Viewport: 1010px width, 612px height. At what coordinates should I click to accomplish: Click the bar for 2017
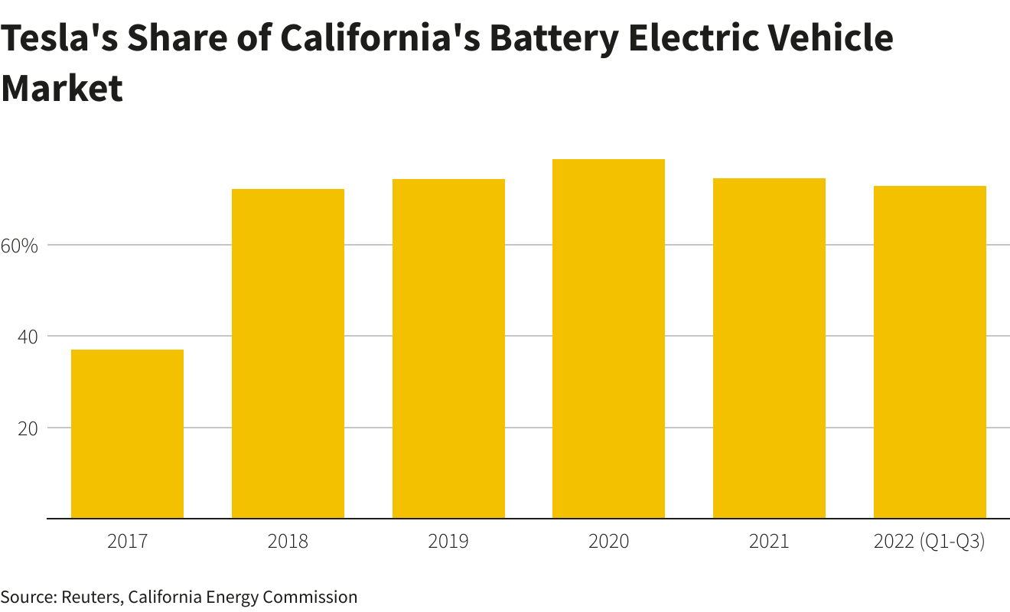pyautogui.click(x=127, y=434)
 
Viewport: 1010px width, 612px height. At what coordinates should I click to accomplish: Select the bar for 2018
pyautogui.click(x=288, y=353)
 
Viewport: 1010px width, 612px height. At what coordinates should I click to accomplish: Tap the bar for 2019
pyautogui.click(x=448, y=349)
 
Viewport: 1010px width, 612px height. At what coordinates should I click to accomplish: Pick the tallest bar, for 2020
pyautogui.click(x=608, y=339)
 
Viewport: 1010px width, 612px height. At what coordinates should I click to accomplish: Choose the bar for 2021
pyautogui.click(x=769, y=348)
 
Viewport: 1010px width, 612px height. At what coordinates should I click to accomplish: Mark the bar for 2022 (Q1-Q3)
pyautogui.click(x=930, y=352)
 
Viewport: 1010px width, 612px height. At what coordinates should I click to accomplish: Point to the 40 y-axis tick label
pyautogui.click(x=28, y=337)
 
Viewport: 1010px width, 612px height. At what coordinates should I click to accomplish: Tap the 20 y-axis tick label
pyautogui.click(x=28, y=428)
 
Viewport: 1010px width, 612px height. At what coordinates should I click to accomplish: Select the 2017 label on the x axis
pyautogui.click(x=127, y=542)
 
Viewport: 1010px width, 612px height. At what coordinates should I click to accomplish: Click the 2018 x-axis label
pyautogui.click(x=288, y=542)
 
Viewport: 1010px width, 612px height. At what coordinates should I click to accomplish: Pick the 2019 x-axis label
pyautogui.click(x=448, y=542)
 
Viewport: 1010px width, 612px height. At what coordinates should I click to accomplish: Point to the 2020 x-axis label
pyautogui.click(x=608, y=542)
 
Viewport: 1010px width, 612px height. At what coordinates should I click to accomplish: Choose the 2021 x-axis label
pyautogui.click(x=769, y=542)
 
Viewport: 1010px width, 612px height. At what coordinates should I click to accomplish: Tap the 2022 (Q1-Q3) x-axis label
pyautogui.click(x=930, y=542)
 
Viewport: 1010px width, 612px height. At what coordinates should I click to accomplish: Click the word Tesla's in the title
pyautogui.click(x=57, y=38)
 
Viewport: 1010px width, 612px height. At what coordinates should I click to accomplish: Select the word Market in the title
pyautogui.click(x=61, y=88)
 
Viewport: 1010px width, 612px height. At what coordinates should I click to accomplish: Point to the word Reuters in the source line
pyautogui.click(x=90, y=597)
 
